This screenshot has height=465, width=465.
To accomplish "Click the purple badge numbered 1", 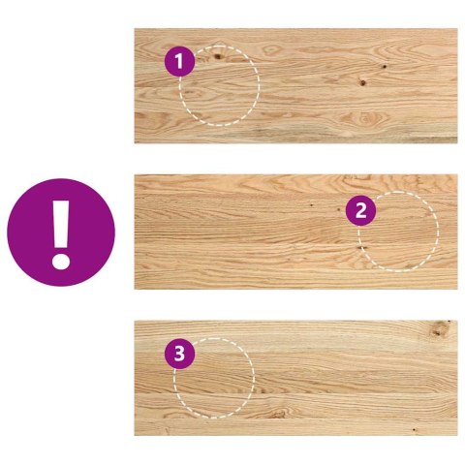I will (x=179, y=61).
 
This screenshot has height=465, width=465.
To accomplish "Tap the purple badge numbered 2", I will (x=360, y=210).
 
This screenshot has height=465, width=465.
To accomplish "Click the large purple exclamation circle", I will (x=61, y=231).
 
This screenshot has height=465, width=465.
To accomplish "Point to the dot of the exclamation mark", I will (x=61, y=259).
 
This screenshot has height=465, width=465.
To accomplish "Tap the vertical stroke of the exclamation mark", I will (x=61, y=221).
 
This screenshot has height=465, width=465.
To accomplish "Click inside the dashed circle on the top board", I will (x=220, y=87).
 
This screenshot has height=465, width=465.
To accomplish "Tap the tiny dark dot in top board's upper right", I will (x=384, y=67).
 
